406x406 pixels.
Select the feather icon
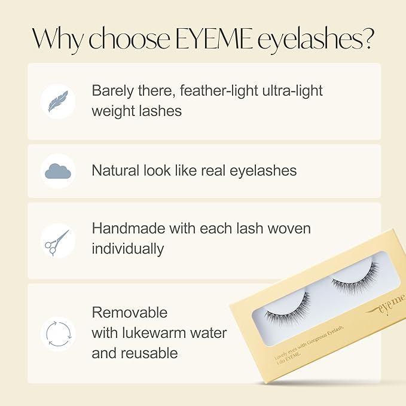point(58,100)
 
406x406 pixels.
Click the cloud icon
point(58,172)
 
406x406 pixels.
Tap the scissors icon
point(58,242)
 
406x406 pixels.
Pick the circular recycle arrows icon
point(58,333)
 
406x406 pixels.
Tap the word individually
point(127,249)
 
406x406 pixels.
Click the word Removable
point(130,313)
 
